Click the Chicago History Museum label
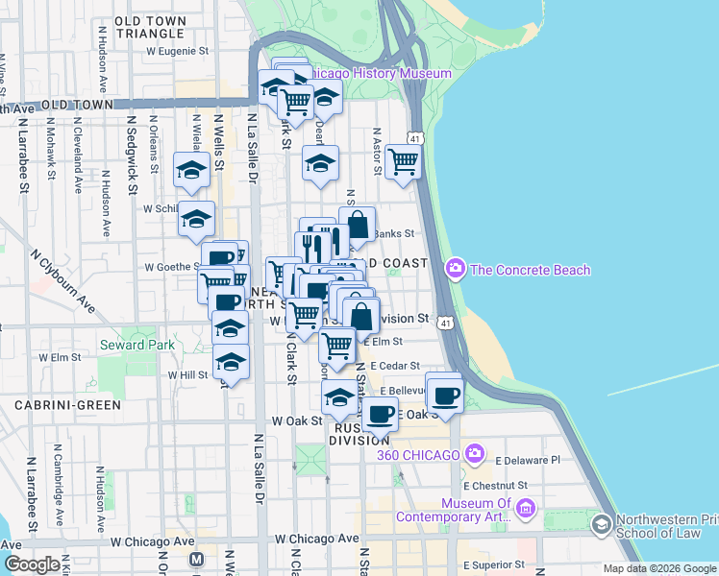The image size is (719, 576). coord(379,74)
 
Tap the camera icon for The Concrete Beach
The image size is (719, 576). coord(455,270)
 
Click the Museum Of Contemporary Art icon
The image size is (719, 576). coord(525,507)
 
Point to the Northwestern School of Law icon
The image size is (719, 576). coord(601,524)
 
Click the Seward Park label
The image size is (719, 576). coord(136,345)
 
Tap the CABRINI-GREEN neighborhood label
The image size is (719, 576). coord(67,405)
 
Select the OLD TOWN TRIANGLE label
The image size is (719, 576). coord(150,27)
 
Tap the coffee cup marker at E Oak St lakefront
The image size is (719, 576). coord(444,395)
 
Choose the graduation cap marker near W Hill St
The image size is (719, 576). coord(231,363)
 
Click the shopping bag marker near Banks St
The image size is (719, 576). coord(358,226)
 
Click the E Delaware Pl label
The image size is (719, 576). coord(527,460)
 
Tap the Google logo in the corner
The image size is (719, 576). coord(32,564)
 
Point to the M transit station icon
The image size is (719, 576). coord(197,559)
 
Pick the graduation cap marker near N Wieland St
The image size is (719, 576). coord(191,171)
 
